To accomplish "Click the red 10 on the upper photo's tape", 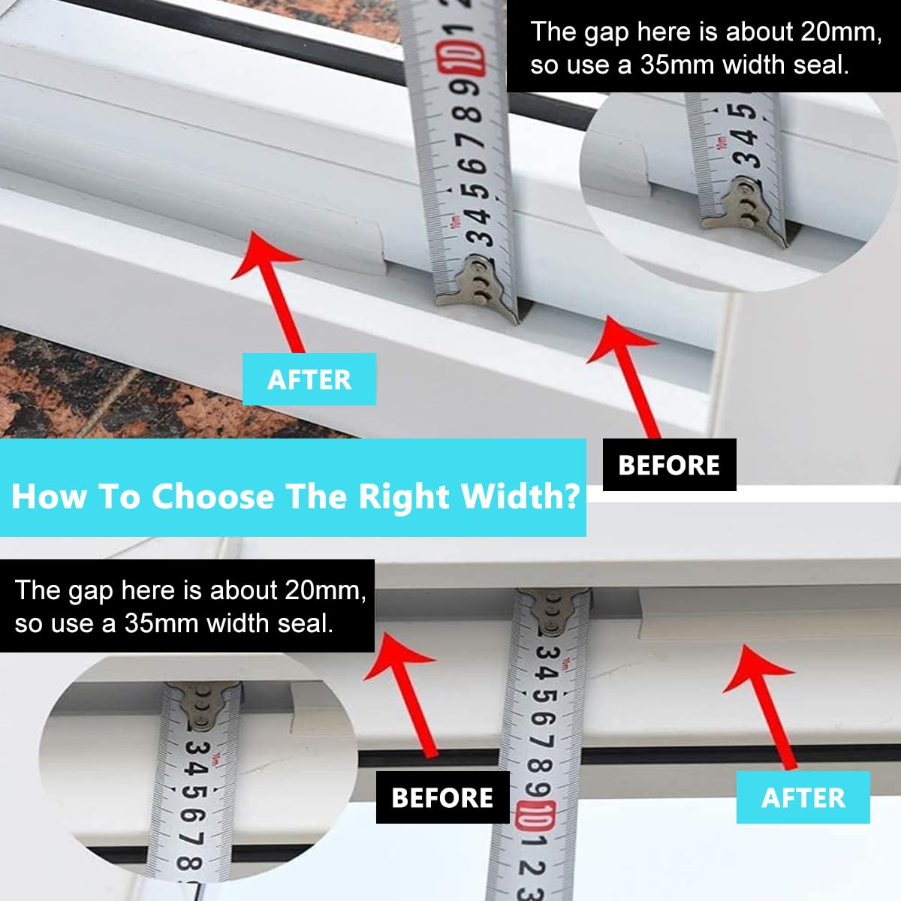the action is point(462,59).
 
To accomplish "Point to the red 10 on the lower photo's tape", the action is point(536,816).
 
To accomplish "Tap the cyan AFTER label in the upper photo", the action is point(309,379).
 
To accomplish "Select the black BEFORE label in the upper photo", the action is point(670,465).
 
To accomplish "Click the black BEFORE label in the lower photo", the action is point(443,797).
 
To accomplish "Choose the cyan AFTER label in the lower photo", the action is point(803,797).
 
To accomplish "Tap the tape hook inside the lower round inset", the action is point(203,704).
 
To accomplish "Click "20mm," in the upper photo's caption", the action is point(841,33).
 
